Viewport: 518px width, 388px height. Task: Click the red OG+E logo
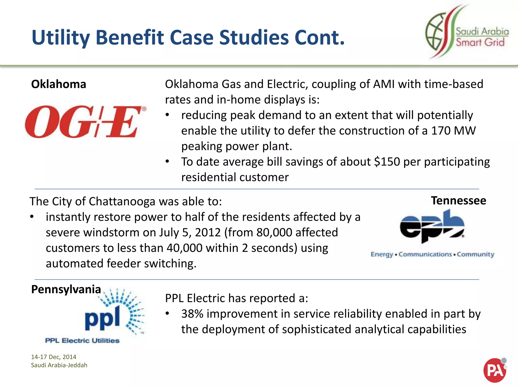point(85,122)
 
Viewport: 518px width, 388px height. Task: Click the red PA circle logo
point(495,370)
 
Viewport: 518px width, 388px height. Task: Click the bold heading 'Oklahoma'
point(58,84)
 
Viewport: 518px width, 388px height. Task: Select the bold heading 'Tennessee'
point(458,201)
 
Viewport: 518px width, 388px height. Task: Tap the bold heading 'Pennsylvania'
point(66,289)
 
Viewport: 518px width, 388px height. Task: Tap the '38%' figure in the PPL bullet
point(192,314)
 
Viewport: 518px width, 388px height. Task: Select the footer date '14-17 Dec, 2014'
point(54,357)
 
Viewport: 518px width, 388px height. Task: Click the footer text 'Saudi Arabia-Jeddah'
point(59,365)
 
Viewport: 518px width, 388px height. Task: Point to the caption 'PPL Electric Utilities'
point(82,341)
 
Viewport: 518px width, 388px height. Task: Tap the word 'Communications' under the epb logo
point(425,254)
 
